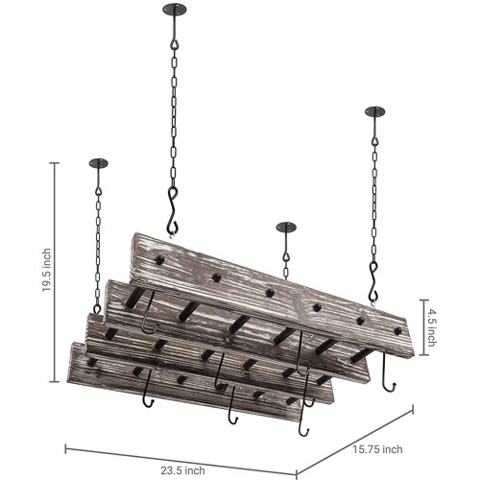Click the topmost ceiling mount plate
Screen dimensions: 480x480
[174, 12]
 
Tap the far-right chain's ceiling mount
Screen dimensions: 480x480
[372, 113]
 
